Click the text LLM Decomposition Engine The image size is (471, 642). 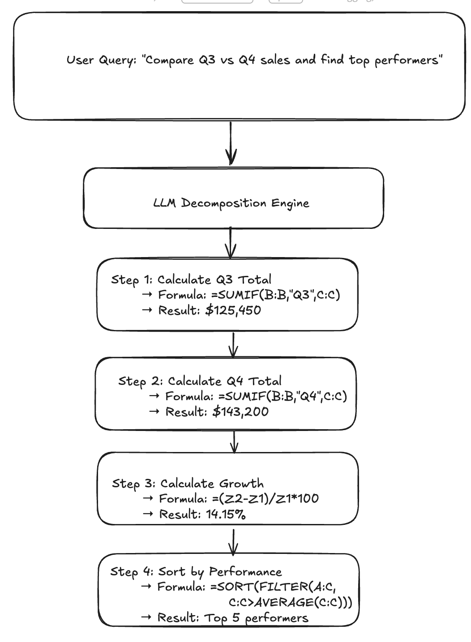click(231, 203)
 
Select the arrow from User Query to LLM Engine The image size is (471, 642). click(231, 143)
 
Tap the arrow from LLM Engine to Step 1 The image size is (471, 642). click(230, 243)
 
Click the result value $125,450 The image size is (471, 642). click(233, 310)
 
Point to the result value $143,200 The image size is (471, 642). click(240, 412)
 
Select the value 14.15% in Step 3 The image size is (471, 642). click(226, 514)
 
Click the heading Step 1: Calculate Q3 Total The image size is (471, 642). click(191, 280)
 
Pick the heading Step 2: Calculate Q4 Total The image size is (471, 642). click(200, 381)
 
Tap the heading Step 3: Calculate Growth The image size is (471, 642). click(188, 484)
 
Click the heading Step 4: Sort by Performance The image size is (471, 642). click(196, 572)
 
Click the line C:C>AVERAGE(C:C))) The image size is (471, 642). click(290, 602)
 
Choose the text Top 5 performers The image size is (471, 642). click(256, 618)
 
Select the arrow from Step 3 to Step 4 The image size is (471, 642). click(233, 542)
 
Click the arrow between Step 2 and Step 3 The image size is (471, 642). click(234, 441)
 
